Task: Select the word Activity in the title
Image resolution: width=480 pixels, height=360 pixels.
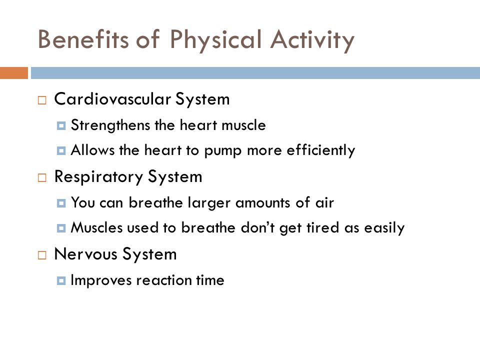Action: (x=312, y=41)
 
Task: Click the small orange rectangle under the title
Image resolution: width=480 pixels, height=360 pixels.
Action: (x=14, y=73)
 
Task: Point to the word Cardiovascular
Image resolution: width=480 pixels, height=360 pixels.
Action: (x=112, y=99)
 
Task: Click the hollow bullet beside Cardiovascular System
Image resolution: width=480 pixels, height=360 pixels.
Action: (x=42, y=100)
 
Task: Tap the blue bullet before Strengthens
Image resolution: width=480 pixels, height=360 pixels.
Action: (x=61, y=126)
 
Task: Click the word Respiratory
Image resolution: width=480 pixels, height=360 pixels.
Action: (x=98, y=177)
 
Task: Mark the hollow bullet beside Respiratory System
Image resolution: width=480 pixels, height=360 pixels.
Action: (x=42, y=178)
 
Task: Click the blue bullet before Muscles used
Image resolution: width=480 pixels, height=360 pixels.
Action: (x=61, y=228)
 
